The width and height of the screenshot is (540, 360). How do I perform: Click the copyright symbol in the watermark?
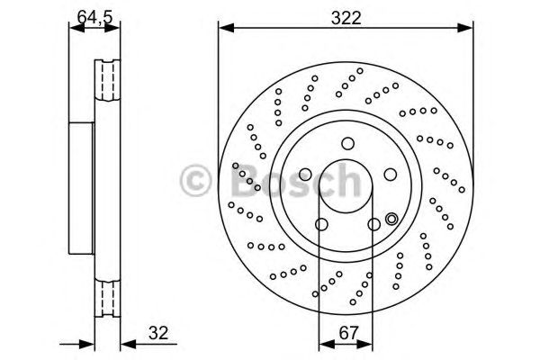(195, 181)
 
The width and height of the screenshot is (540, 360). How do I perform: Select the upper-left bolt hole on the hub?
(303, 175)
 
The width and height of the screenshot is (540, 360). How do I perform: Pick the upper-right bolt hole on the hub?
(389, 175)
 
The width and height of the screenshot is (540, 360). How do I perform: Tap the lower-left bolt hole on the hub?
(320, 225)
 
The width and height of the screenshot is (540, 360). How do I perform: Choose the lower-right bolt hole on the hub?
(373, 225)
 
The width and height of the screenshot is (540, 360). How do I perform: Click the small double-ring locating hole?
(391, 219)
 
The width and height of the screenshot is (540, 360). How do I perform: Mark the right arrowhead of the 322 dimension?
(469, 29)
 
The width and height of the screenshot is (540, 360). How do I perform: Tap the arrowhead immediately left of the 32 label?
(127, 342)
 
